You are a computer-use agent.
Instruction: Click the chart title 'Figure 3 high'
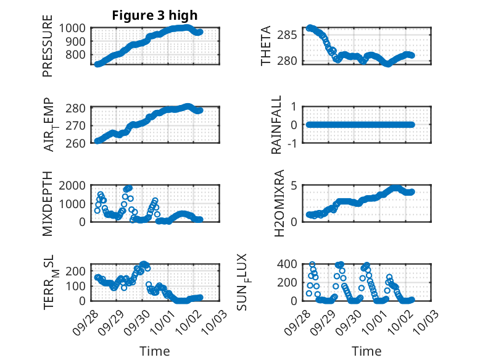click(155, 15)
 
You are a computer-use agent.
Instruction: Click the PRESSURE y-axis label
click(48, 50)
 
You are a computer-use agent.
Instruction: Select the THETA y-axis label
click(266, 46)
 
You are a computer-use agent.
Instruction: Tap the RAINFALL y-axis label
click(278, 125)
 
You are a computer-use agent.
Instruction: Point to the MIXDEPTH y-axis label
click(48, 204)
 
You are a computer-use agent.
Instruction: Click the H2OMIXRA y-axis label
click(279, 203)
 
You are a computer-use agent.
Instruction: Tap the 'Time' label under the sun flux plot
click(366, 351)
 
